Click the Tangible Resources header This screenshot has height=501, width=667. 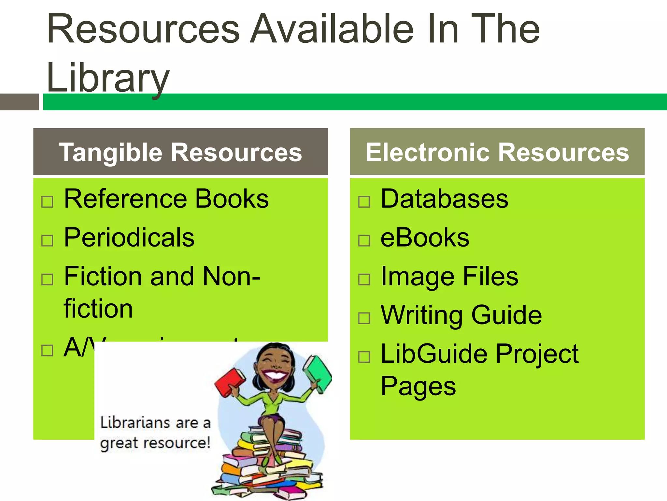[x=180, y=152]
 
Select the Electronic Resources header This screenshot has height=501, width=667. [x=497, y=152]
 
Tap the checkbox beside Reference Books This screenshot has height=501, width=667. [x=47, y=202]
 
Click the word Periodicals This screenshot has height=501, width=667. [x=129, y=237]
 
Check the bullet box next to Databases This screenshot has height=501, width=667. [x=364, y=202]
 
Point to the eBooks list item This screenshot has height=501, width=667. [x=425, y=237]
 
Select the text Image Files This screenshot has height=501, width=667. [x=449, y=277]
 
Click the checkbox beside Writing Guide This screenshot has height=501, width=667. [x=364, y=318]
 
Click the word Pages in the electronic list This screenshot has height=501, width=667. [x=418, y=386]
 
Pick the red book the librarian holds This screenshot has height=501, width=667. [x=230, y=382]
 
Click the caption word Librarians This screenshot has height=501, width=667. [x=135, y=423]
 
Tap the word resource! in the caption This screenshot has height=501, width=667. [x=177, y=443]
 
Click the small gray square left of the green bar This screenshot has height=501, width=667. [x=19, y=102]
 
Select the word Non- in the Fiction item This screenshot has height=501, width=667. [x=231, y=277]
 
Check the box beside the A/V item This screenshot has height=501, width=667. [x=47, y=350]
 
